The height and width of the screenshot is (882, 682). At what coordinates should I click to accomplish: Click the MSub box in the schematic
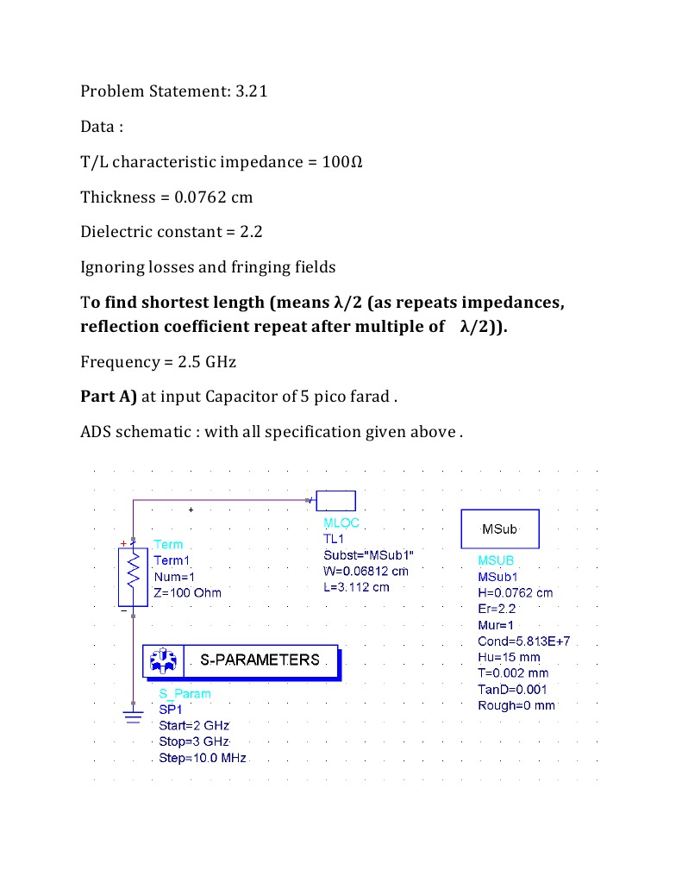(x=500, y=528)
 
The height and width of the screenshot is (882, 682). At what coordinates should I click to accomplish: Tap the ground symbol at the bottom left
(x=134, y=716)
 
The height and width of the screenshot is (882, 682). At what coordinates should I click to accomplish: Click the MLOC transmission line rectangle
(x=336, y=500)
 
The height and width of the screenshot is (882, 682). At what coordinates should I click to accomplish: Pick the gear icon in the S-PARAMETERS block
(x=163, y=660)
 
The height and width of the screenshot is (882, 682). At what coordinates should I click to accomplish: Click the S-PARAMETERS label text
(x=260, y=660)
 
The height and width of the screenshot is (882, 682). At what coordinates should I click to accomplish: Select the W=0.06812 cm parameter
(x=366, y=571)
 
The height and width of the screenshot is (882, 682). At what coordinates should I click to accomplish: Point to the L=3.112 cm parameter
(x=356, y=587)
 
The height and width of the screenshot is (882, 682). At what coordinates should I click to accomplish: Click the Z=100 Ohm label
(x=187, y=592)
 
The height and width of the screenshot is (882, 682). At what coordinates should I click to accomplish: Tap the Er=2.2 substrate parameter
(x=497, y=609)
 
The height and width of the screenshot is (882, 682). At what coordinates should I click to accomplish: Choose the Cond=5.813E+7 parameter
(x=523, y=641)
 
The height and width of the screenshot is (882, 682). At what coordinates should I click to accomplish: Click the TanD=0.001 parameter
(x=512, y=689)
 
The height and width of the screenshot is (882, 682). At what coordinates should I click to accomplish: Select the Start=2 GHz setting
(x=194, y=726)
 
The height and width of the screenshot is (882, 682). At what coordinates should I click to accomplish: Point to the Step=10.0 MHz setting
(x=203, y=758)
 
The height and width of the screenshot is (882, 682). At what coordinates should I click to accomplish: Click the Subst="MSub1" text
(x=368, y=554)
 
